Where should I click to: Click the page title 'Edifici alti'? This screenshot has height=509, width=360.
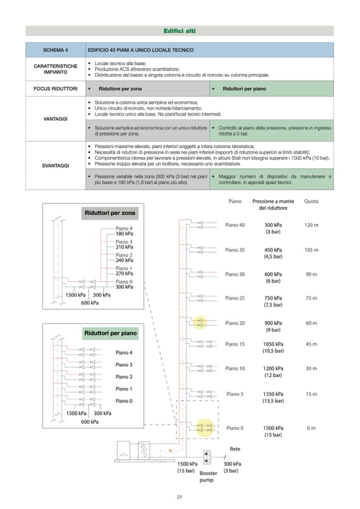point(179,31)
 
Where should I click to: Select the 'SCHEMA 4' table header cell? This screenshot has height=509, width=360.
point(55,50)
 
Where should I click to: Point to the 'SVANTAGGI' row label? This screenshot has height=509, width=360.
point(55,166)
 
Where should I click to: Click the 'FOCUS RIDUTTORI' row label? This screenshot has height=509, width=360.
point(55,88)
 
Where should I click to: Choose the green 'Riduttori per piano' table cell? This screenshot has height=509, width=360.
point(244,88)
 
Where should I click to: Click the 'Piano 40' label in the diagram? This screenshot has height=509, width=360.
point(235,225)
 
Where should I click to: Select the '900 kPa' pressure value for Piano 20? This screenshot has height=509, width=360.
point(273,323)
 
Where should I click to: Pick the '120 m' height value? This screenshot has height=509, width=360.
point(311,225)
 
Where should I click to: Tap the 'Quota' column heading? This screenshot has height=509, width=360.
point(311,202)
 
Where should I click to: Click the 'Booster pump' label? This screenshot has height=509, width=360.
point(208,476)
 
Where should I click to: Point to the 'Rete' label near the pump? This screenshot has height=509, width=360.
point(235,449)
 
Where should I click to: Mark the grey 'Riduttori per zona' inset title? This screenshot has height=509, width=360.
point(110,213)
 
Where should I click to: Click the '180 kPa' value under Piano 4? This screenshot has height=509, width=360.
point(124,234)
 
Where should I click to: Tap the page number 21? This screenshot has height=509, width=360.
point(179,497)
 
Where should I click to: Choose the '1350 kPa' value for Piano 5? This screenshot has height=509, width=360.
point(273,394)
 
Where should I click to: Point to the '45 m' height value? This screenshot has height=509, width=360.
point(311,344)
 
